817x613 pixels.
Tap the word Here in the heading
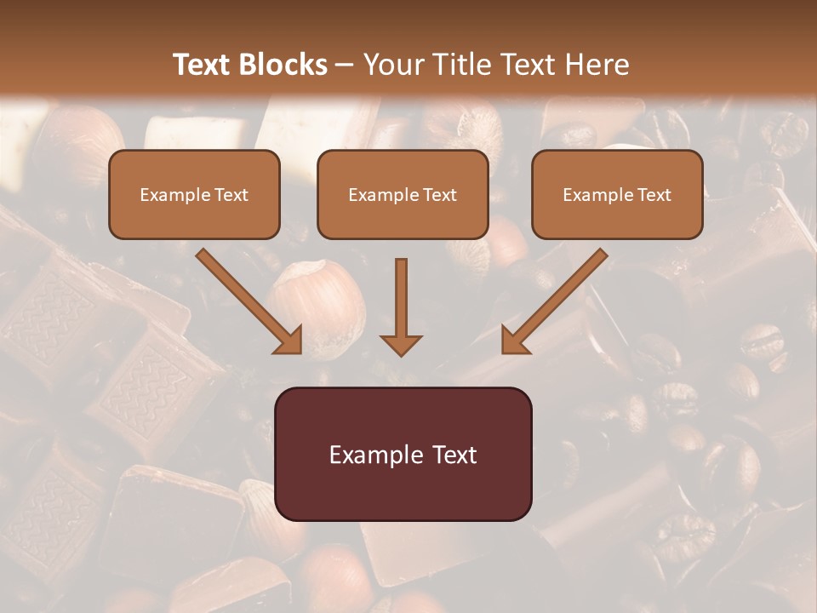coord(597,65)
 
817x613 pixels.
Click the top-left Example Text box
coord(194,194)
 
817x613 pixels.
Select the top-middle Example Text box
coord(403,194)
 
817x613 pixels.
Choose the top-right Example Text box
coord(617,194)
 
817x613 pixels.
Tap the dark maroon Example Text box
coord(403,454)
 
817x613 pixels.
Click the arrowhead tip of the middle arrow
coord(401,352)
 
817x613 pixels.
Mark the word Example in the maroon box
coord(368,455)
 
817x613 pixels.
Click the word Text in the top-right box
coord(654,195)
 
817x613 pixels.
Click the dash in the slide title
coord(346,66)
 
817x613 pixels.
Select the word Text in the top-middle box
coord(440,195)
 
